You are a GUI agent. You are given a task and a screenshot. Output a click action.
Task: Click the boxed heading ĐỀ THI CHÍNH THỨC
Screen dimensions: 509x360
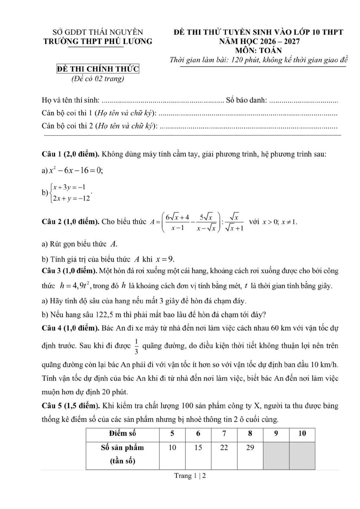click(98, 69)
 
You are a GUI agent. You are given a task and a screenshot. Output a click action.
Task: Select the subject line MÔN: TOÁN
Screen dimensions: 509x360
click(258, 50)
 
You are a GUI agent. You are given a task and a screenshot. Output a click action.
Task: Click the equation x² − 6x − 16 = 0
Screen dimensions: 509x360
click(76, 171)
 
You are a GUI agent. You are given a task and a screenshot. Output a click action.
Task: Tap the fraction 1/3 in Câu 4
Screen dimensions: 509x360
click(136, 346)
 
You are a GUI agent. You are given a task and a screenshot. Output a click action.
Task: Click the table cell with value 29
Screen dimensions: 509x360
click(250, 448)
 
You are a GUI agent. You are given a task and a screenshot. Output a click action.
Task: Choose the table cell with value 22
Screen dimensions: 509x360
click(224, 448)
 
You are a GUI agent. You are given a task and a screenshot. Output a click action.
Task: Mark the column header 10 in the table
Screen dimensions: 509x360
click(302, 433)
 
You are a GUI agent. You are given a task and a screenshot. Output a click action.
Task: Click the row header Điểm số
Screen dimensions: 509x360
click(122, 433)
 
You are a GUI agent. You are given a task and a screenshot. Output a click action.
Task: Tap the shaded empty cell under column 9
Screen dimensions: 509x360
click(276, 454)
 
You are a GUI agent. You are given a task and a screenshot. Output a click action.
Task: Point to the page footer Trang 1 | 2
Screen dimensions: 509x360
click(190, 476)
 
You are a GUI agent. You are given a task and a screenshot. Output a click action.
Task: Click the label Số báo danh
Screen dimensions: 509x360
click(247, 100)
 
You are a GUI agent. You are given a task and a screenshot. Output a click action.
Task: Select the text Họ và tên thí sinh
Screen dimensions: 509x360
click(71, 100)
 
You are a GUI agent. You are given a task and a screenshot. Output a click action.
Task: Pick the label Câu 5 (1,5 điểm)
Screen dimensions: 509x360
click(71, 405)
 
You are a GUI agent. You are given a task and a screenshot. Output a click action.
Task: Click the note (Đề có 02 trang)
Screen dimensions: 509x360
click(98, 79)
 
